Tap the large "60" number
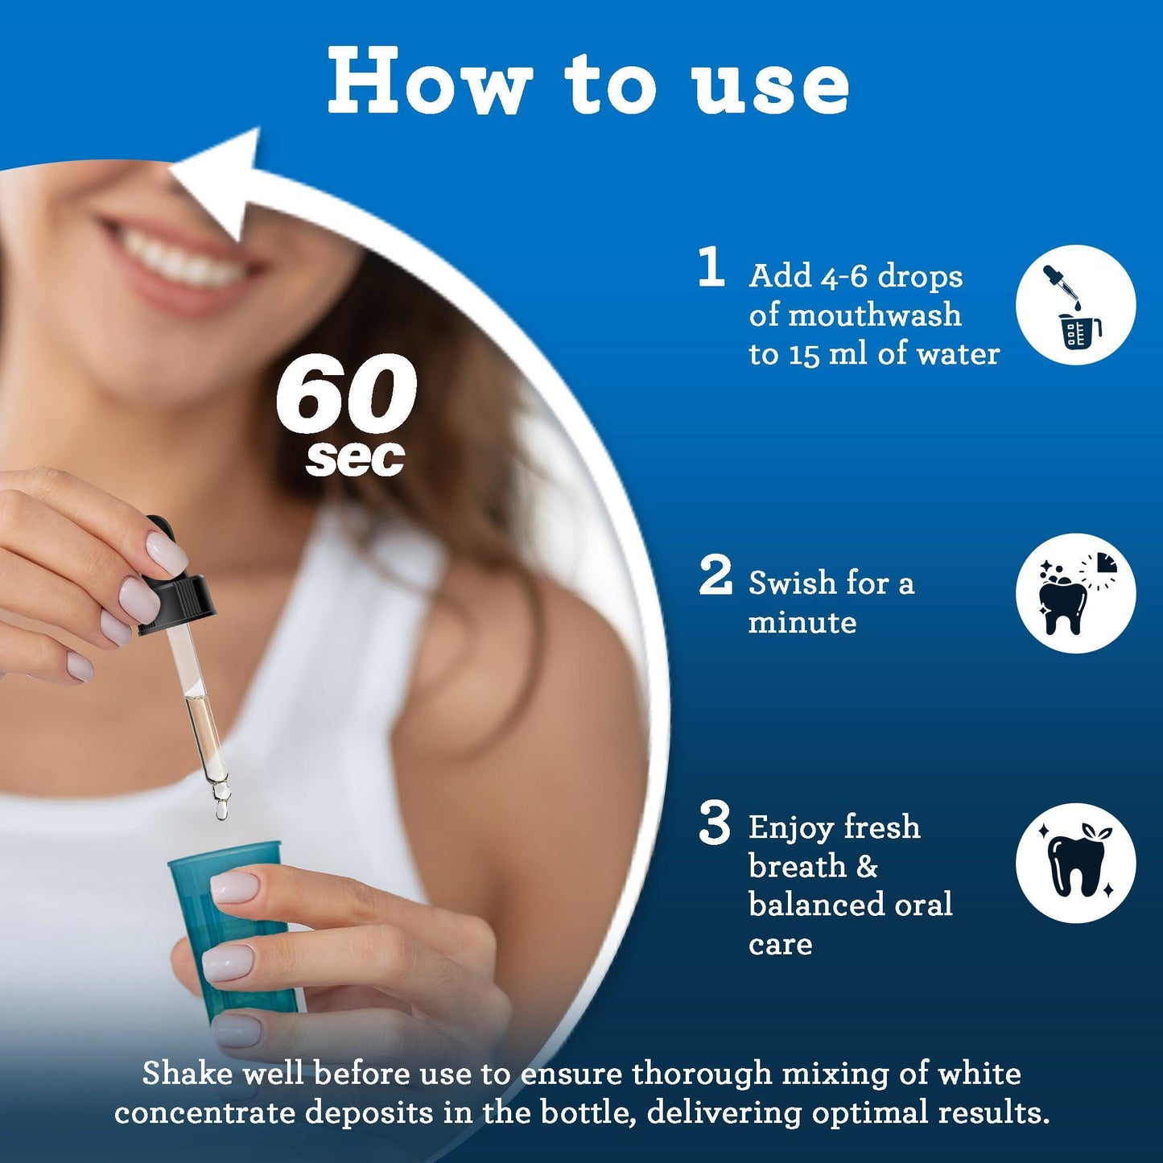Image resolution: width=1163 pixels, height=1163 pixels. pyautogui.click(x=346, y=394)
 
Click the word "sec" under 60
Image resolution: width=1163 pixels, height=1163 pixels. pyautogui.click(x=355, y=458)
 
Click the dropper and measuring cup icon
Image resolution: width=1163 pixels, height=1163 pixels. pyautogui.click(x=1075, y=306)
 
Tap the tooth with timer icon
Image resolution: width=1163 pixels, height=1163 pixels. pyautogui.click(x=1075, y=593)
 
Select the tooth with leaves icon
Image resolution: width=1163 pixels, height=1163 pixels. pyautogui.click(x=1075, y=862)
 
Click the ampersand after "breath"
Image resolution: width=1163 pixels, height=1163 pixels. pyautogui.click(x=867, y=867)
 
